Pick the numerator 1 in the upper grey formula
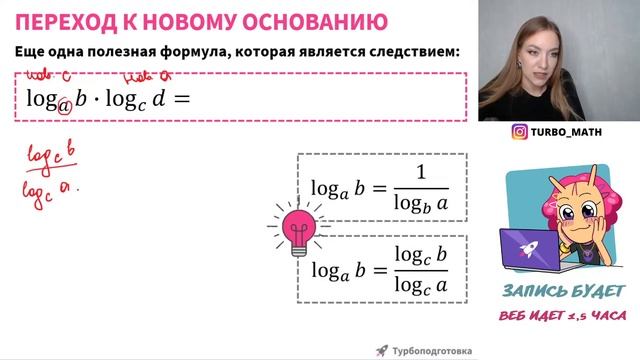tap(420, 173)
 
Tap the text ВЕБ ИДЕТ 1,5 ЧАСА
tap(563, 316)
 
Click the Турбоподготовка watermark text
tap(431, 350)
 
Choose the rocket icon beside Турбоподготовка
tap(381, 350)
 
